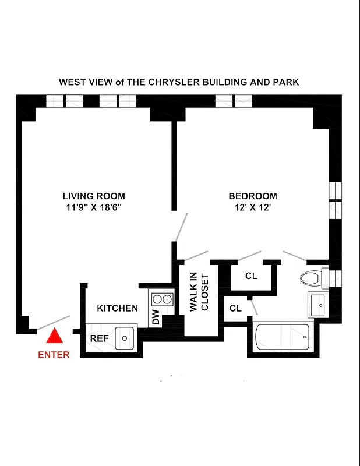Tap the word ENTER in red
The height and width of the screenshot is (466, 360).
pyautogui.click(x=54, y=355)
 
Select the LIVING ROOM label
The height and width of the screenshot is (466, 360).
pyautogui.click(x=94, y=196)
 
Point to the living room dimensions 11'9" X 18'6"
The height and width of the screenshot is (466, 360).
pyautogui.click(x=94, y=207)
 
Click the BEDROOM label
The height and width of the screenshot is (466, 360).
pyautogui.click(x=252, y=196)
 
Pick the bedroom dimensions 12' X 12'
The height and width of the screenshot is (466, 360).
pyautogui.click(x=252, y=207)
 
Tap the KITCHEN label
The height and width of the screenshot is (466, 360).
pyautogui.click(x=117, y=308)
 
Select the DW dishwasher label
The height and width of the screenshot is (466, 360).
pyautogui.click(x=156, y=318)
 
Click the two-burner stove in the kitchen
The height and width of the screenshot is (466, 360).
pyautogui.click(x=161, y=299)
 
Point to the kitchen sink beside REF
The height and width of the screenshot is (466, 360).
pyautogui.click(x=125, y=337)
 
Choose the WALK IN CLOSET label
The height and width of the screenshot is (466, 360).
pyautogui.click(x=199, y=292)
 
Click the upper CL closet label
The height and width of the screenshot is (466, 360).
pyautogui.click(x=251, y=276)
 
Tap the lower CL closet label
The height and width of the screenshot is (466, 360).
pyautogui.click(x=235, y=308)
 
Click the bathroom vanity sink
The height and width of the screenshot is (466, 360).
pyautogui.click(x=319, y=304)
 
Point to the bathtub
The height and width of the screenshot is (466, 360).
pyautogui.click(x=283, y=337)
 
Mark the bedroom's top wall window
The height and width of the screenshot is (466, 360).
pyautogui.click(x=234, y=101)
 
